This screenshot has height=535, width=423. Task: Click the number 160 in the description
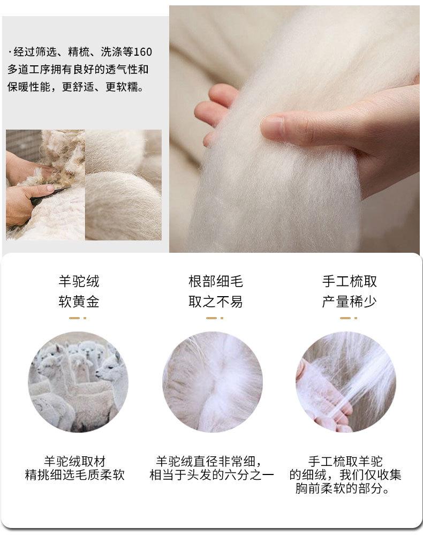pos(142,52)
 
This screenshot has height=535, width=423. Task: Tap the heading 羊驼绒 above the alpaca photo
pos(79,282)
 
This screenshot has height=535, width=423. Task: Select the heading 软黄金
pos(79,302)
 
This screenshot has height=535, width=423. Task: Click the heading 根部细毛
pos(216,282)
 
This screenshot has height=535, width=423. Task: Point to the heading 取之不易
pos(216,302)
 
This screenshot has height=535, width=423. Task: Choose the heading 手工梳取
pos(350,282)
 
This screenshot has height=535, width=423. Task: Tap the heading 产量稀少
pos(350,302)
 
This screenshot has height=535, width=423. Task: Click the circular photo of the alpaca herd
pos(78,382)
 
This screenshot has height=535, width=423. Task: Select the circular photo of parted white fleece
pos(213,382)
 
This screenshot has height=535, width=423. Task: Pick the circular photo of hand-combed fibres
pos(346,382)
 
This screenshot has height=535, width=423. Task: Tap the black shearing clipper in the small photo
pos(48,195)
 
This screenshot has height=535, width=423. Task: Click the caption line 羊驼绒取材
pos(75,462)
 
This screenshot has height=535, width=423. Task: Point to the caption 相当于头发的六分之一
pos(212,475)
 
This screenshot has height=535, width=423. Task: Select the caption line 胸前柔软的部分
pos(342,488)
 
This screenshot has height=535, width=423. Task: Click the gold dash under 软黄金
pos(78,318)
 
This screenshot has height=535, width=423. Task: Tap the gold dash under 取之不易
pos(215,318)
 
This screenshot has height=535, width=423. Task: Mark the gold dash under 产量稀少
pos(349,318)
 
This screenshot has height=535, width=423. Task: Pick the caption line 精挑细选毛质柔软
pos(75,475)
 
